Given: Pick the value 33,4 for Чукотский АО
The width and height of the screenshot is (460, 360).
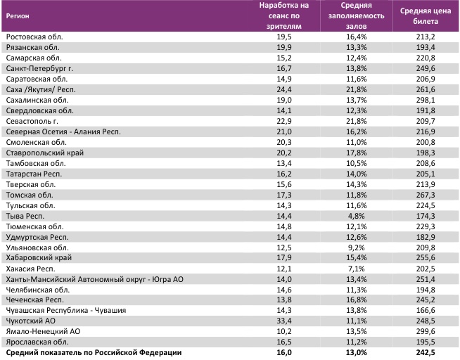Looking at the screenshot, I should point(284,320).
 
